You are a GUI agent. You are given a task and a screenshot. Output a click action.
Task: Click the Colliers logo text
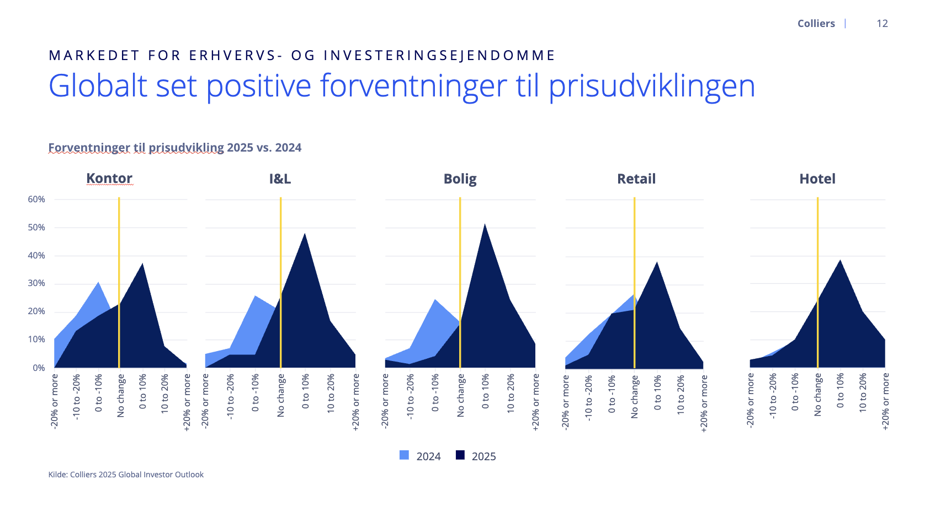point(816,24)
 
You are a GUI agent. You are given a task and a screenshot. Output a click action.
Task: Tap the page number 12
point(882,24)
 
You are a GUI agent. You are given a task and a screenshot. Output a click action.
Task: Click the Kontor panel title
point(109,179)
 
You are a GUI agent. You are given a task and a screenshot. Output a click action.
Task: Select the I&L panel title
point(280,179)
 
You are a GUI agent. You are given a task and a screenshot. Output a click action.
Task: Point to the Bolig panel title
point(460,179)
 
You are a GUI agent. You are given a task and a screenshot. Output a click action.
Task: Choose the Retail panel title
point(636,179)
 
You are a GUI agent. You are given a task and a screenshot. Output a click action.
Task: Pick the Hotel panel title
point(817,179)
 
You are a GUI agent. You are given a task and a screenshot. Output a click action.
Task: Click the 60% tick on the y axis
point(36,200)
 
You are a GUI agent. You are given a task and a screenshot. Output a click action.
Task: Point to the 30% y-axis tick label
point(36,283)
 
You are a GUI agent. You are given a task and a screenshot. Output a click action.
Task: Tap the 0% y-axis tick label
point(39,368)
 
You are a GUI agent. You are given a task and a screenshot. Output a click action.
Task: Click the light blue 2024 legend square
point(405,455)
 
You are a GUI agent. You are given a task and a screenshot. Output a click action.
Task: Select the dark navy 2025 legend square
point(460,455)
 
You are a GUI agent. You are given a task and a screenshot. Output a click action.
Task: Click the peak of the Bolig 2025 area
point(485,224)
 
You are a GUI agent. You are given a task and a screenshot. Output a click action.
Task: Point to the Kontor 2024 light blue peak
point(99,283)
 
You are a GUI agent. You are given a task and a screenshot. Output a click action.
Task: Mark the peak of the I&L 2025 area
point(305,234)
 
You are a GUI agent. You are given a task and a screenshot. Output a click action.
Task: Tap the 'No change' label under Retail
point(635,397)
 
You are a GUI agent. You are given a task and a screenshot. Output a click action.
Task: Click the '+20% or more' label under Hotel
point(885,401)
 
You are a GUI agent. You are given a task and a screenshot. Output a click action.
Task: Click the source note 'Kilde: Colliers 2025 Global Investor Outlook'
point(126,475)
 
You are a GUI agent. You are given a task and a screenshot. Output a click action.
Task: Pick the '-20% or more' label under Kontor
point(55,401)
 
